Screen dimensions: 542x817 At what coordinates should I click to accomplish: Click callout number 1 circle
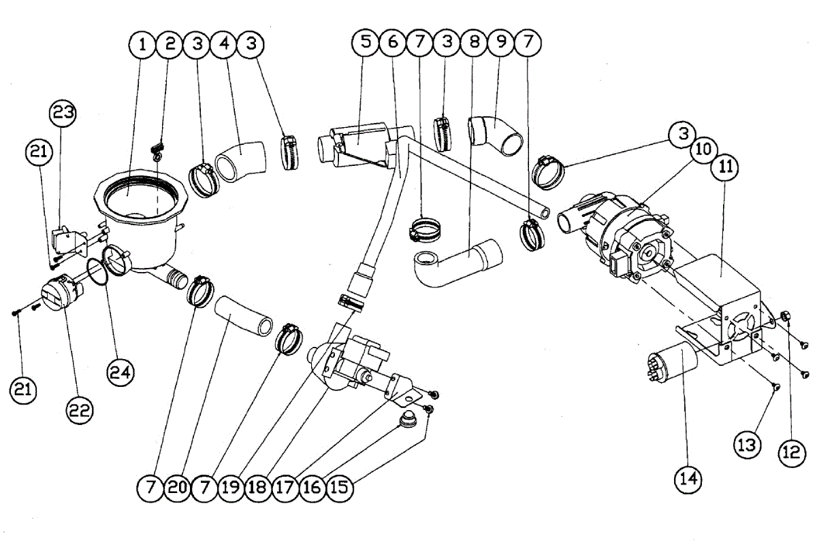(x=142, y=45)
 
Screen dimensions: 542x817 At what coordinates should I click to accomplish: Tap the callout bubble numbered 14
(x=688, y=479)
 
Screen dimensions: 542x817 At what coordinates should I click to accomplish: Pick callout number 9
(x=500, y=42)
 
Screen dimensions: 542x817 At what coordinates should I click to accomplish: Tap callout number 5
(x=366, y=42)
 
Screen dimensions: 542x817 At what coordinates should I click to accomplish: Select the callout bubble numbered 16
(x=312, y=487)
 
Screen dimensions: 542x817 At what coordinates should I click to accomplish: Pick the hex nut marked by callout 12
(x=784, y=316)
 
